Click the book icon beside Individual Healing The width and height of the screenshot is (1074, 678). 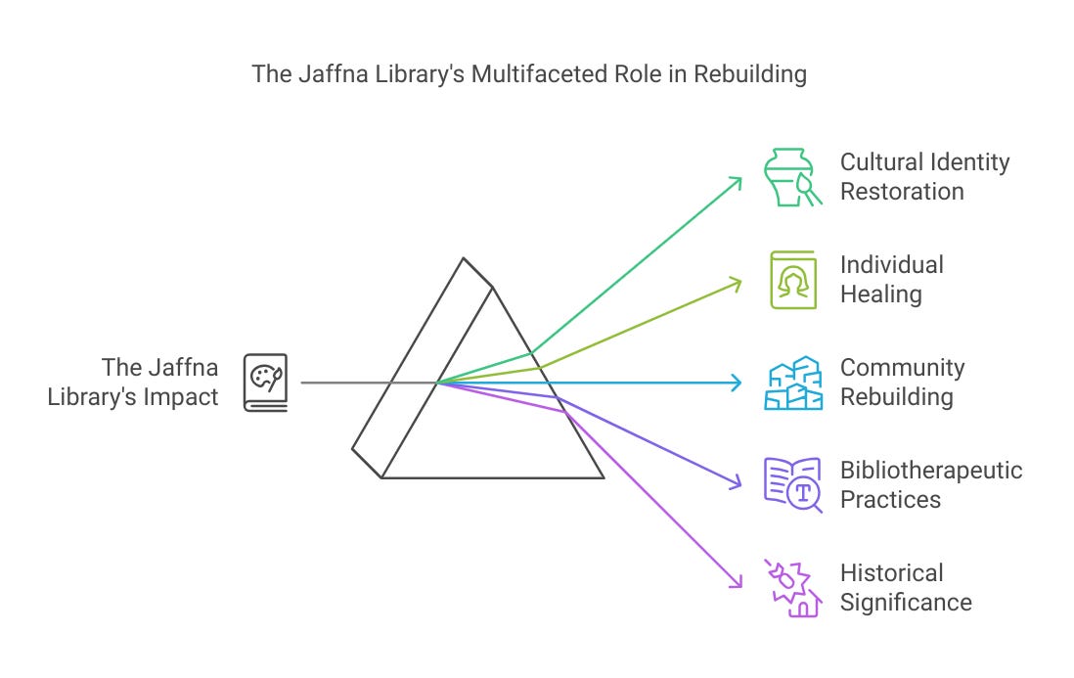tap(792, 280)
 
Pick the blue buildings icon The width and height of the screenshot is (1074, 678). tap(791, 383)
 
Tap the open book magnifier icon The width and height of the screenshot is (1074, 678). tap(791, 485)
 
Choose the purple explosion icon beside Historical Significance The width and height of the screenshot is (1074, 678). tap(791, 588)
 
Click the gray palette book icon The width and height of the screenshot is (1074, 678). tap(265, 383)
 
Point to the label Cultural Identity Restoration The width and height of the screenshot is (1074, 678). tap(924, 177)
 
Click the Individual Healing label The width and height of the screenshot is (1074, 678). tap(891, 280)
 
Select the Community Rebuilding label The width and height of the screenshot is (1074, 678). tap(902, 383)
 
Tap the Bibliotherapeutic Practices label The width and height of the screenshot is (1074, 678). tap(930, 485)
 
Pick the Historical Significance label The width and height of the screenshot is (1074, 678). tap(906, 588)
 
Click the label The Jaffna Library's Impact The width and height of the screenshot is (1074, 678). tap(134, 383)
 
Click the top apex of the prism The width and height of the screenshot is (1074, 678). tap(464, 259)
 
